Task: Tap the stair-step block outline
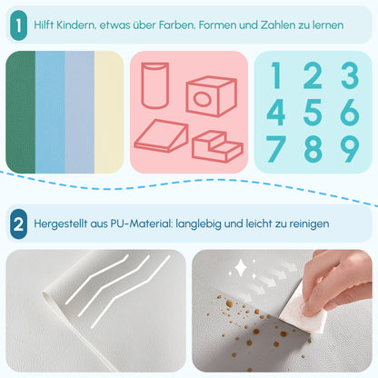point(219,145)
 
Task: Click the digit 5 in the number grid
point(313,113)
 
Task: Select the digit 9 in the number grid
point(349,149)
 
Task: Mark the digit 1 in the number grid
point(276,76)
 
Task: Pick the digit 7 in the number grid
point(277,149)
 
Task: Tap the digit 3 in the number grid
point(349,76)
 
